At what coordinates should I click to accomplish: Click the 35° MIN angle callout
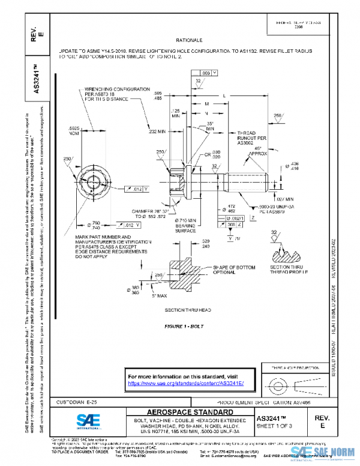pos(210,127)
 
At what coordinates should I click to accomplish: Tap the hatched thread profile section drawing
pos(289,256)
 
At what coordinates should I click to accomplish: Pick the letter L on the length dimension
pos(224,96)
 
